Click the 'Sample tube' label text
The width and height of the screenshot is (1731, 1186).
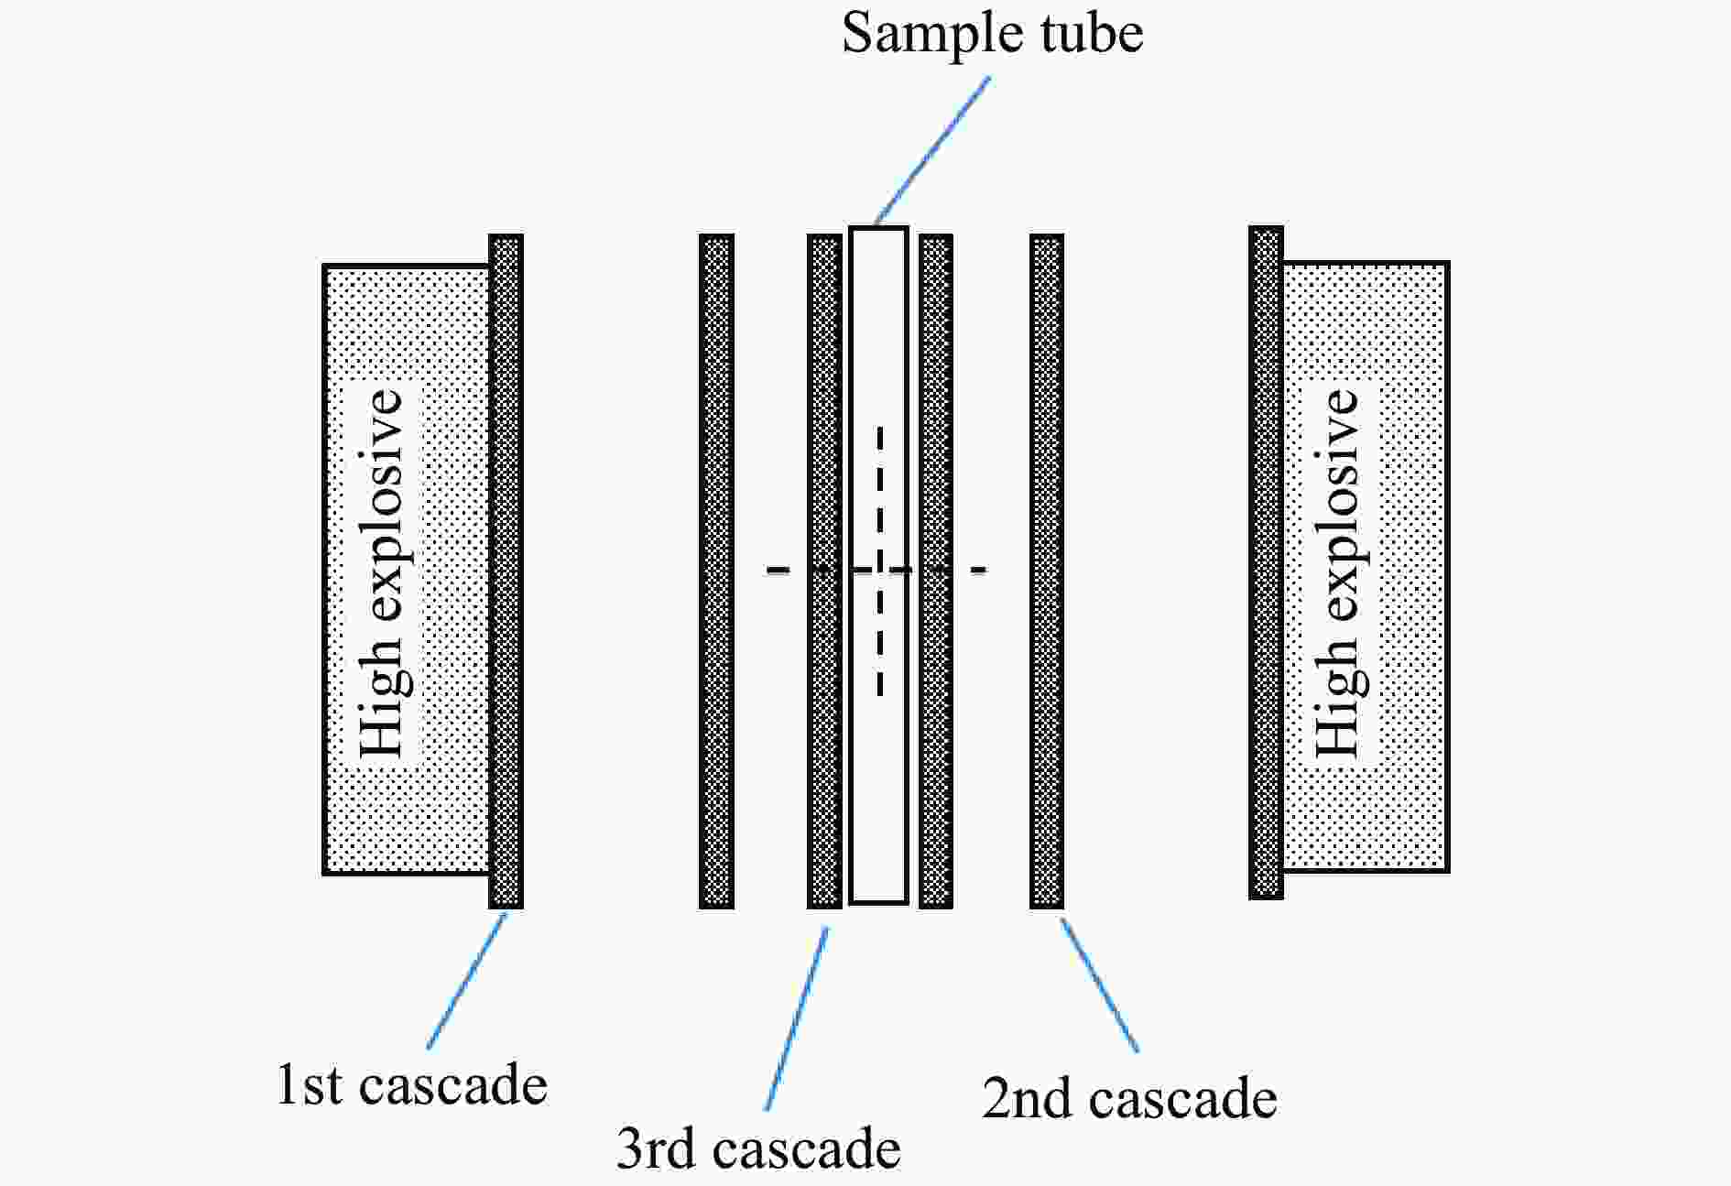[x=993, y=34]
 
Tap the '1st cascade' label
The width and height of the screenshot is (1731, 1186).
[x=412, y=1085]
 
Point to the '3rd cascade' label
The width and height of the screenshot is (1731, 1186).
[x=758, y=1148]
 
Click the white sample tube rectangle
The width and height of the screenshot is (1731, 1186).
[x=878, y=565]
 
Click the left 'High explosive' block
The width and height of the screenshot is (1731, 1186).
[x=407, y=570]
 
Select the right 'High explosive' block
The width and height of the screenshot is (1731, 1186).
[x=1366, y=567]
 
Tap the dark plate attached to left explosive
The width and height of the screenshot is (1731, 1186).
[x=506, y=571]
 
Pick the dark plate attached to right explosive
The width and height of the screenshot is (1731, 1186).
[x=1266, y=562]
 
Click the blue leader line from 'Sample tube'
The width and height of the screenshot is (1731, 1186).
[x=932, y=150]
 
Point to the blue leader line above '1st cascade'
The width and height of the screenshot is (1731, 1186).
[x=466, y=981]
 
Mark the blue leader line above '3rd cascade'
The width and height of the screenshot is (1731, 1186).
[x=797, y=1018]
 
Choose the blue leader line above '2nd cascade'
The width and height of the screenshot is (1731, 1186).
[x=1099, y=985]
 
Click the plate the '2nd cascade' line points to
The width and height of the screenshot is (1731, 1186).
[x=1047, y=571]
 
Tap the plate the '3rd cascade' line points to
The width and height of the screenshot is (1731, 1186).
[x=824, y=571]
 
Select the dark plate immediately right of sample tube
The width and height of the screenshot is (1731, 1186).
[x=935, y=571]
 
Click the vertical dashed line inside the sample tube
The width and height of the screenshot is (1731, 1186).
[x=880, y=560]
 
